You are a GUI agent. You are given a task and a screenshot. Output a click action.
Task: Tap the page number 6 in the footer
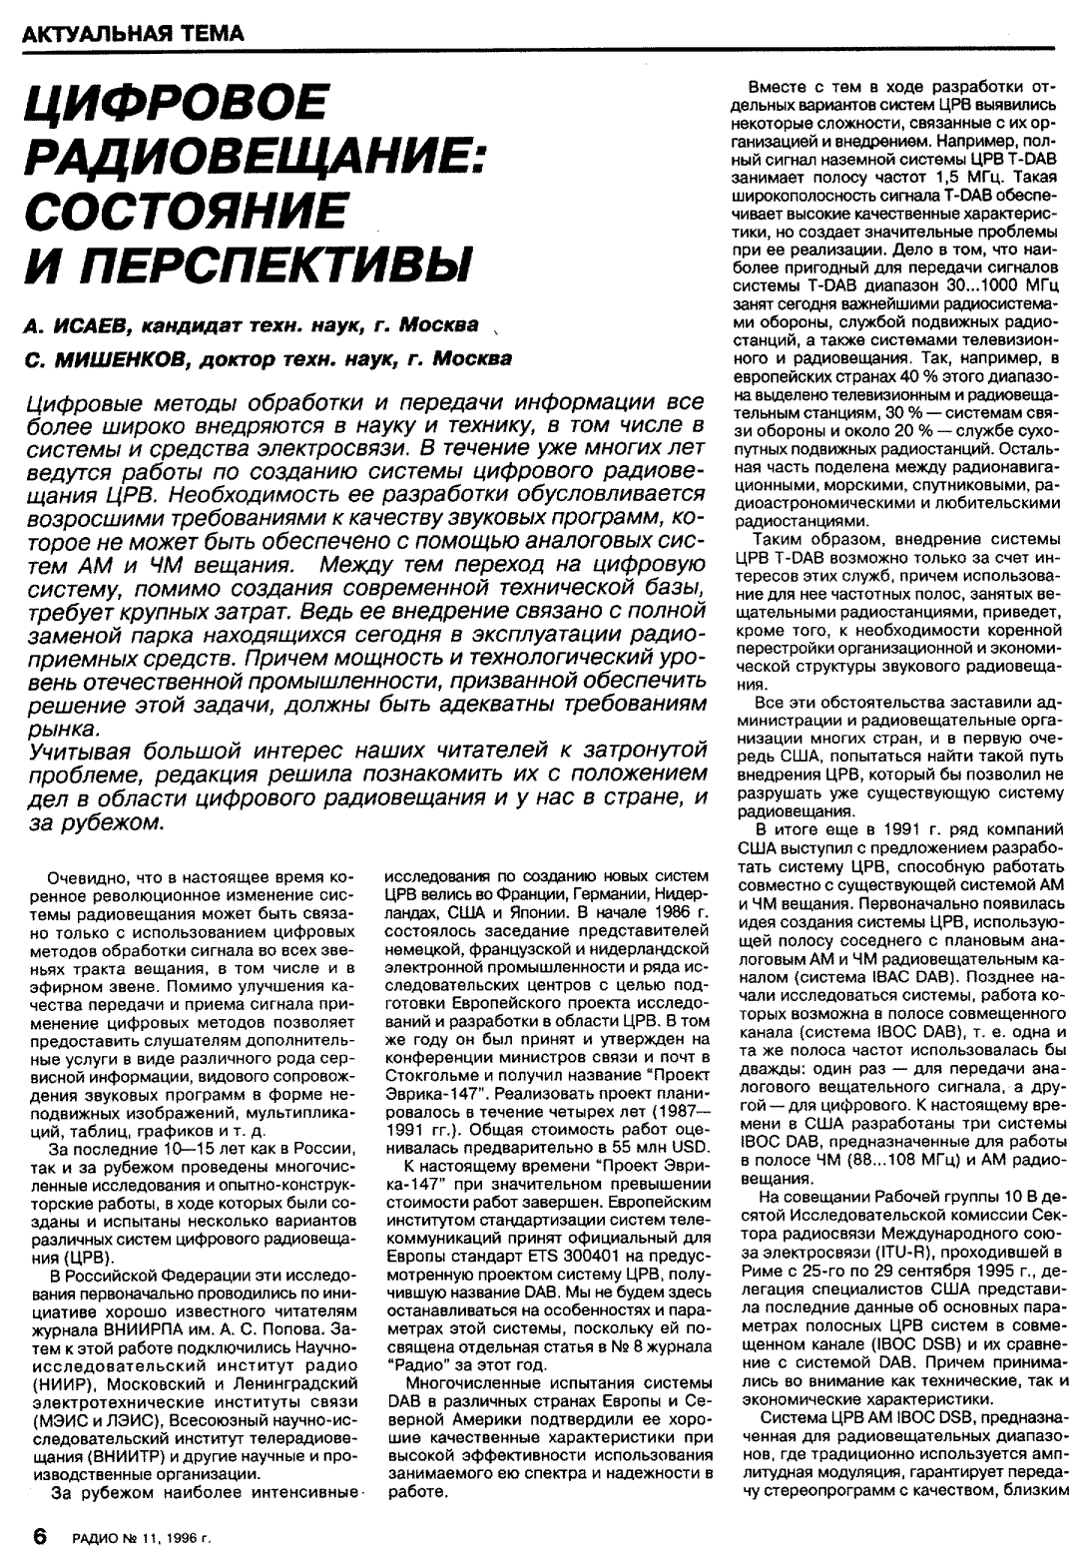tap(41, 1537)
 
